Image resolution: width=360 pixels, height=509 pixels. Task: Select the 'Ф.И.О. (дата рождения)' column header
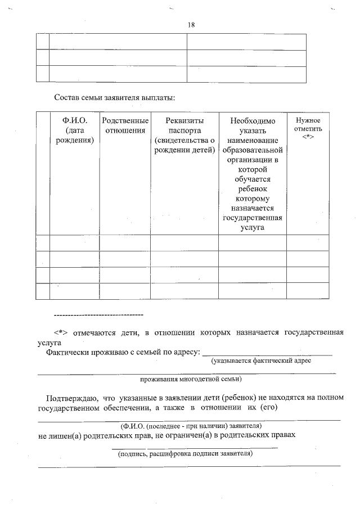point(74,130)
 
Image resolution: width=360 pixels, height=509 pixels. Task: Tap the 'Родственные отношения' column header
point(125,126)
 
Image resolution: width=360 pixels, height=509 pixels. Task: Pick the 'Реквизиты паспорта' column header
point(184,121)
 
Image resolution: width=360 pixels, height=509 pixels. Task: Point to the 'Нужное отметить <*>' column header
point(308,129)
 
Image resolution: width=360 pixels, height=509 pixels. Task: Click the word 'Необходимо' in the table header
point(253,121)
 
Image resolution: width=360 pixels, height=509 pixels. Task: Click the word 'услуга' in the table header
point(253,228)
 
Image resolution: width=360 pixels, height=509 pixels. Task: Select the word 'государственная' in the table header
point(253,218)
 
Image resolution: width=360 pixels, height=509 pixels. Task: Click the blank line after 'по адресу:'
point(267,354)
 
